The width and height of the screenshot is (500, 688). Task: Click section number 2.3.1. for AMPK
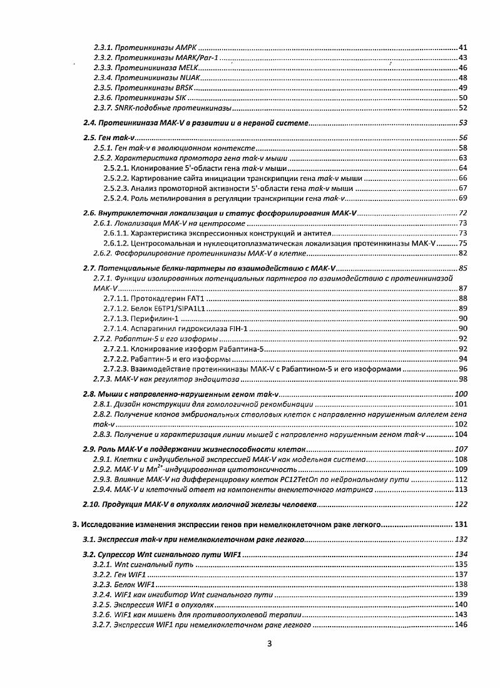tap(104, 48)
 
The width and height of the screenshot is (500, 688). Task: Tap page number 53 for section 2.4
tap(463, 123)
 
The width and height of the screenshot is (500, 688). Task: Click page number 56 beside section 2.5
tap(463, 138)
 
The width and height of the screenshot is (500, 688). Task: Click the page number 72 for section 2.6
tap(463, 213)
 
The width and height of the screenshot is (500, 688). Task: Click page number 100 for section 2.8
tap(461, 394)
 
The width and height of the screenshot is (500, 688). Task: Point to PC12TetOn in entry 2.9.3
tap(319, 480)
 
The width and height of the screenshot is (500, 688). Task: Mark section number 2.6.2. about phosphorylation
tap(104, 254)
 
